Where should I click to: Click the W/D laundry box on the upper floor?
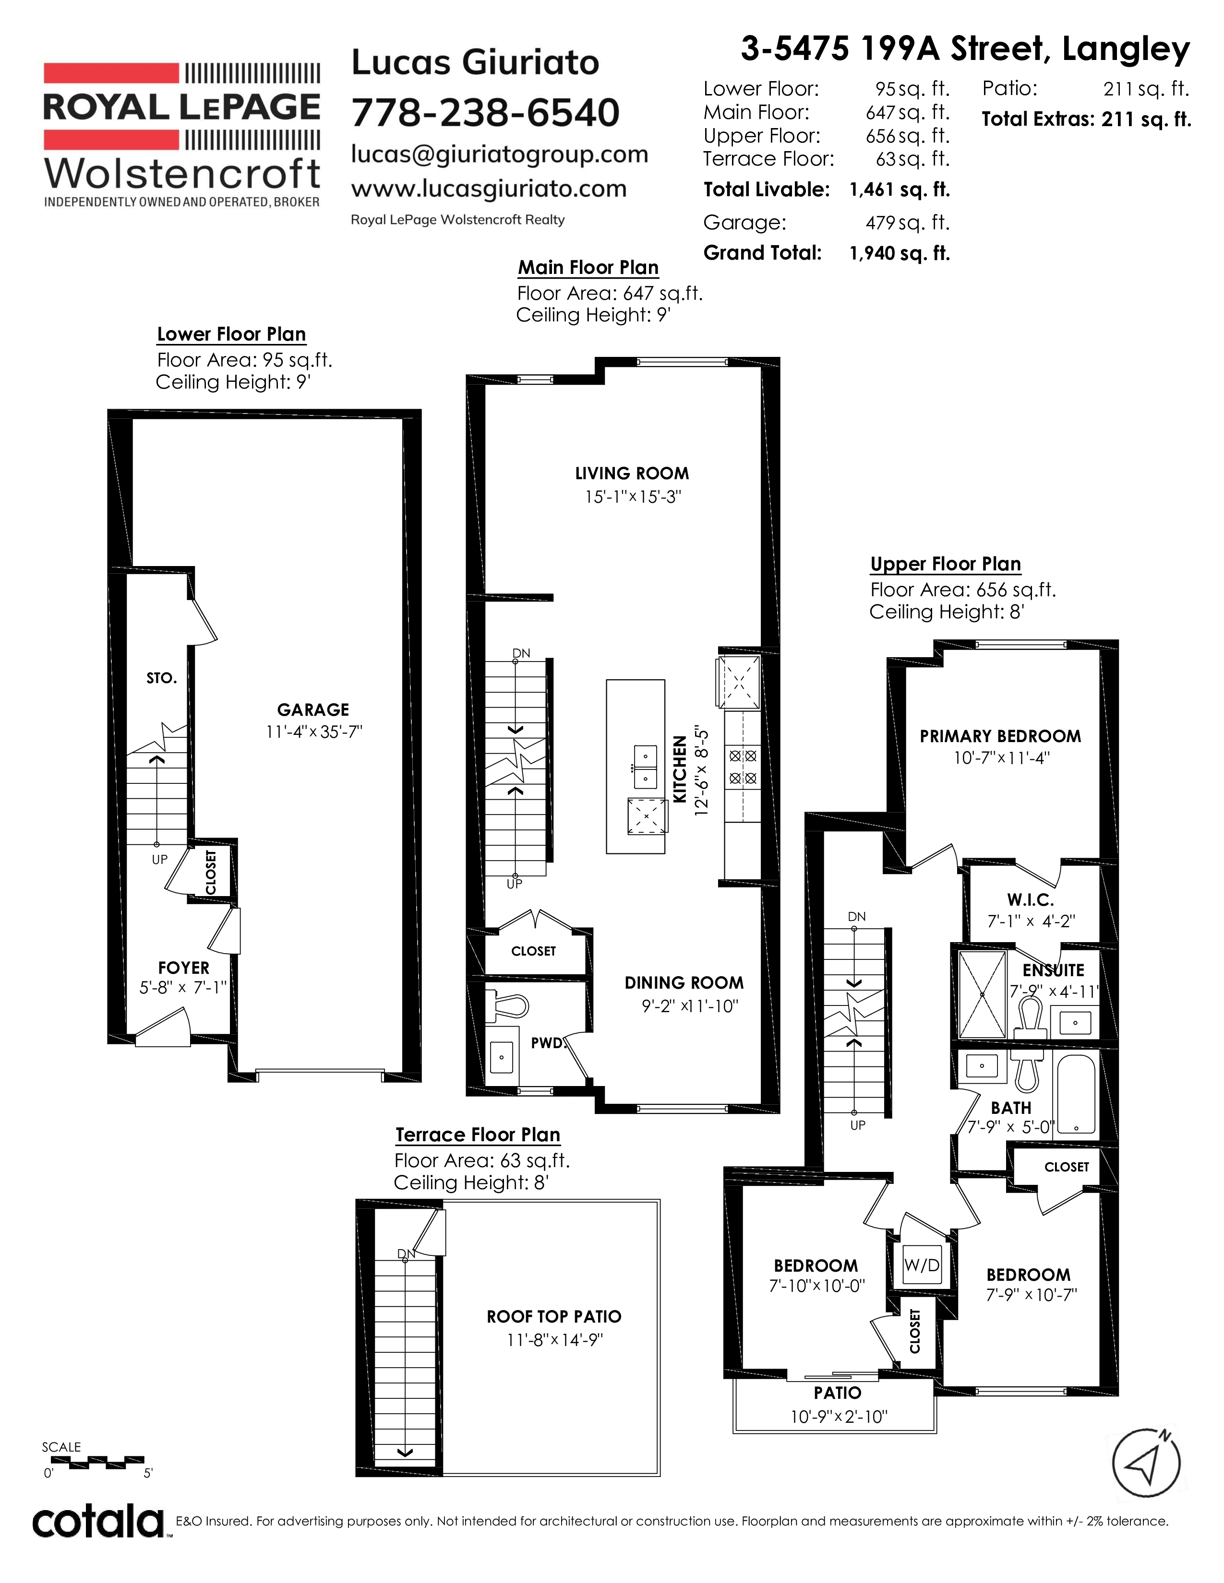[x=922, y=1265]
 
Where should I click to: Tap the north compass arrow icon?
[x=1146, y=1462]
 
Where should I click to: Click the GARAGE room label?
[x=313, y=709]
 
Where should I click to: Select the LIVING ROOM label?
[x=632, y=473]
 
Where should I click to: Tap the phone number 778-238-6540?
[x=486, y=112]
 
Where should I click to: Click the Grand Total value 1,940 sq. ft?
[x=899, y=253]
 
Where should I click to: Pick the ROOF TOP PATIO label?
[x=554, y=1316]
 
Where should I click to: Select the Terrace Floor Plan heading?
[x=478, y=1134]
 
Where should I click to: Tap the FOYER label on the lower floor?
[x=183, y=968]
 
